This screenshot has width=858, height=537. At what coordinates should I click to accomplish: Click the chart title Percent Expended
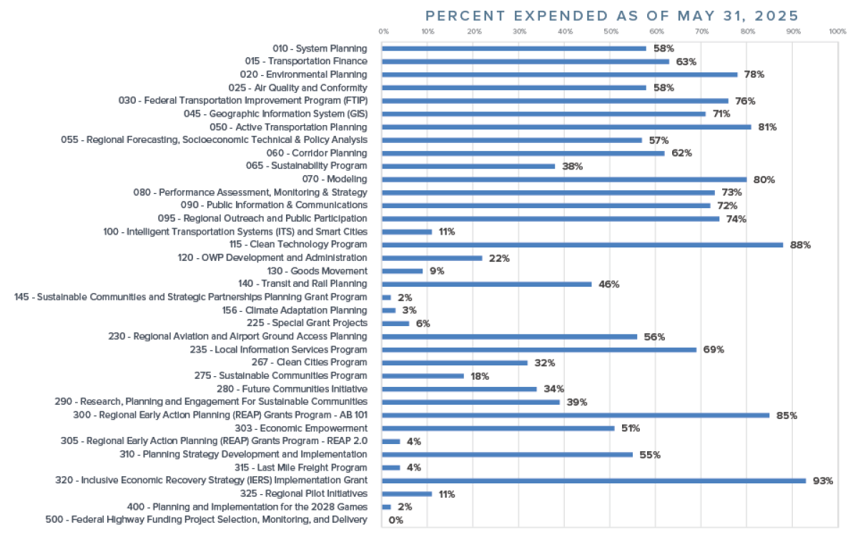[611, 16]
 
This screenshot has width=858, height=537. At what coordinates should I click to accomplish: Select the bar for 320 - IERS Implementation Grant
[593, 481]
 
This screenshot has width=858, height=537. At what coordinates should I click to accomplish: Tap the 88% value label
[800, 245]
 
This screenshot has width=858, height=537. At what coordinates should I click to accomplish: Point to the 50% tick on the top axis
[610, 31]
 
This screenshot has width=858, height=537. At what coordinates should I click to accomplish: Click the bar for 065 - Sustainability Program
[468, 166]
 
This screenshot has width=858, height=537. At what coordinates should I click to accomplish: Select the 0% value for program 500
[395, 520]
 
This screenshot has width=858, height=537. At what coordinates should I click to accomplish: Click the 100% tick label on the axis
[837, 31]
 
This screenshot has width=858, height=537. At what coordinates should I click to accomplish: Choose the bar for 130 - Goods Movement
[403, 271]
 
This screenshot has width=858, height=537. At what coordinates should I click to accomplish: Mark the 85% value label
[786, 415]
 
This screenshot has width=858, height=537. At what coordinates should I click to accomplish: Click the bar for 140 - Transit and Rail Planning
[487, 284]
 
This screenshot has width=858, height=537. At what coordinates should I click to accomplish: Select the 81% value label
[766, 127]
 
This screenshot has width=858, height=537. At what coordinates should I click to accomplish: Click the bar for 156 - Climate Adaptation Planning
[389, 310]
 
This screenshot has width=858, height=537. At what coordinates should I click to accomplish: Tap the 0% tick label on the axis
[384, 31]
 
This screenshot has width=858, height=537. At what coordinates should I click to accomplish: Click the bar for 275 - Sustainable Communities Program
[423, 375]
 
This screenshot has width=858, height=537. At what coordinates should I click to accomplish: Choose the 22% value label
[499, 257]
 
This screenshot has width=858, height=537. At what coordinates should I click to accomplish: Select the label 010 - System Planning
[320, 48]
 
